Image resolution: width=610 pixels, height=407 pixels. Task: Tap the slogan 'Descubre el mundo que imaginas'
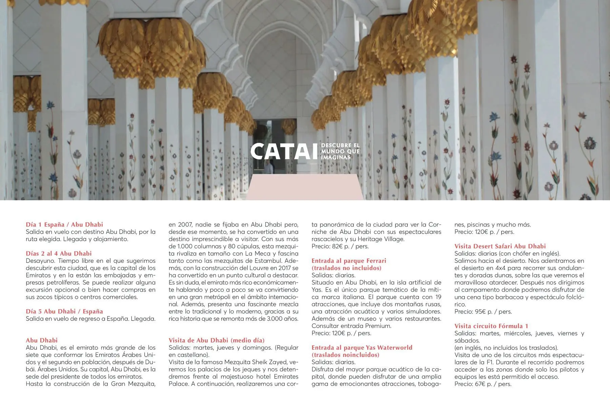340,151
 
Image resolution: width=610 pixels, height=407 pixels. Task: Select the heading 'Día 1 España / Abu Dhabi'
64,225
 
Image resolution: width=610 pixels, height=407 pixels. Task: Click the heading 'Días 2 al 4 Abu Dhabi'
59,253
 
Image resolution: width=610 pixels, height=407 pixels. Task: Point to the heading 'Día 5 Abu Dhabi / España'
64,311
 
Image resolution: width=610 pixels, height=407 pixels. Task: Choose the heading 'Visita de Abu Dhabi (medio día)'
217,340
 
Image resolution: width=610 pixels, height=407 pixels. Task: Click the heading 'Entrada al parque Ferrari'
349,261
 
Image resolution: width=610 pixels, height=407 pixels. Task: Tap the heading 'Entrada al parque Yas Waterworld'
362,348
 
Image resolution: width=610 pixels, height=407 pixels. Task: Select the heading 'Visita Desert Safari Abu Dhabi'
500,246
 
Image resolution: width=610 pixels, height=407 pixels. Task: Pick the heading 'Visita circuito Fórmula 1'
491,326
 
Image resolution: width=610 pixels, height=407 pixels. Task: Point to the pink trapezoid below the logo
305,187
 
